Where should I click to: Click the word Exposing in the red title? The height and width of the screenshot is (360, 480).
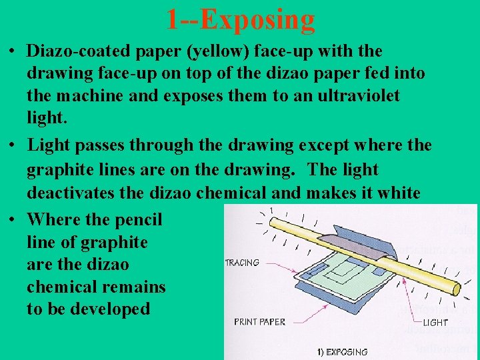tap(258, 19)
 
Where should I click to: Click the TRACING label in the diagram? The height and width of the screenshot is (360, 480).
tap(242, 263)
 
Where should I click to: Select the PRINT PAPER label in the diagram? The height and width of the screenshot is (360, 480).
tap(259, 321)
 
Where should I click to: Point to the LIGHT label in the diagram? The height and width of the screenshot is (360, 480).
tap(435, 323)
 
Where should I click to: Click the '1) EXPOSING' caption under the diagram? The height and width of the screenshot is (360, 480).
tap(343, 351)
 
